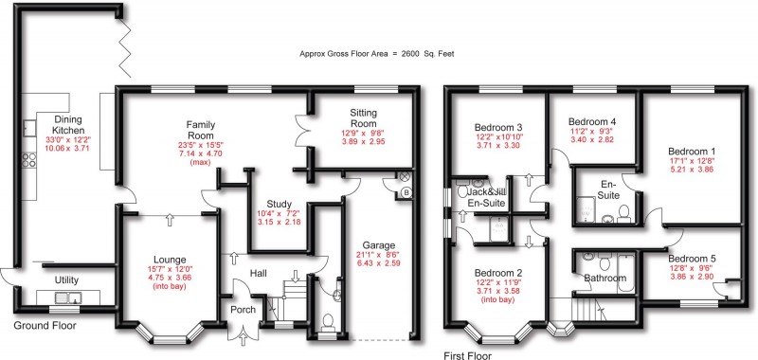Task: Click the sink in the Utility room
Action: [66, 298]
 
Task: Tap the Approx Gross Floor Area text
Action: [375, 54]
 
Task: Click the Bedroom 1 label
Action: [692, 152]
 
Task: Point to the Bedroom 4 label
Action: [592, 121]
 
